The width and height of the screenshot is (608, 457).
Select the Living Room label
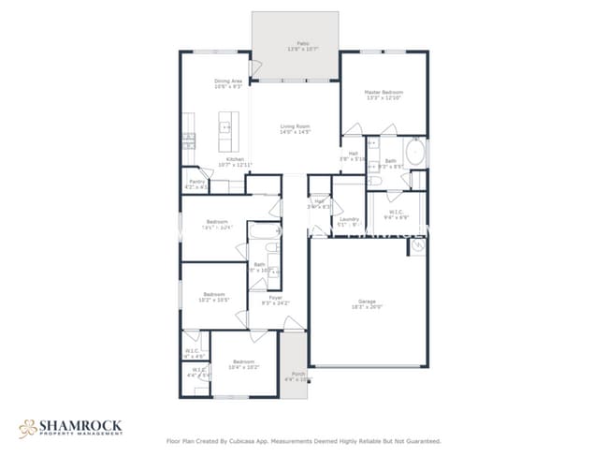click(x=295, y=129)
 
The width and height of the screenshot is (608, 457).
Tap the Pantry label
click(x=196, y=184)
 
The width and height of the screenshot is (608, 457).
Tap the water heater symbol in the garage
click(x=417, y=246)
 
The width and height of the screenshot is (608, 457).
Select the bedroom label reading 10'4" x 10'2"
click(x=242, y=363)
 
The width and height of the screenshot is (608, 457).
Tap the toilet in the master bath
click(x=374, y=165)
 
